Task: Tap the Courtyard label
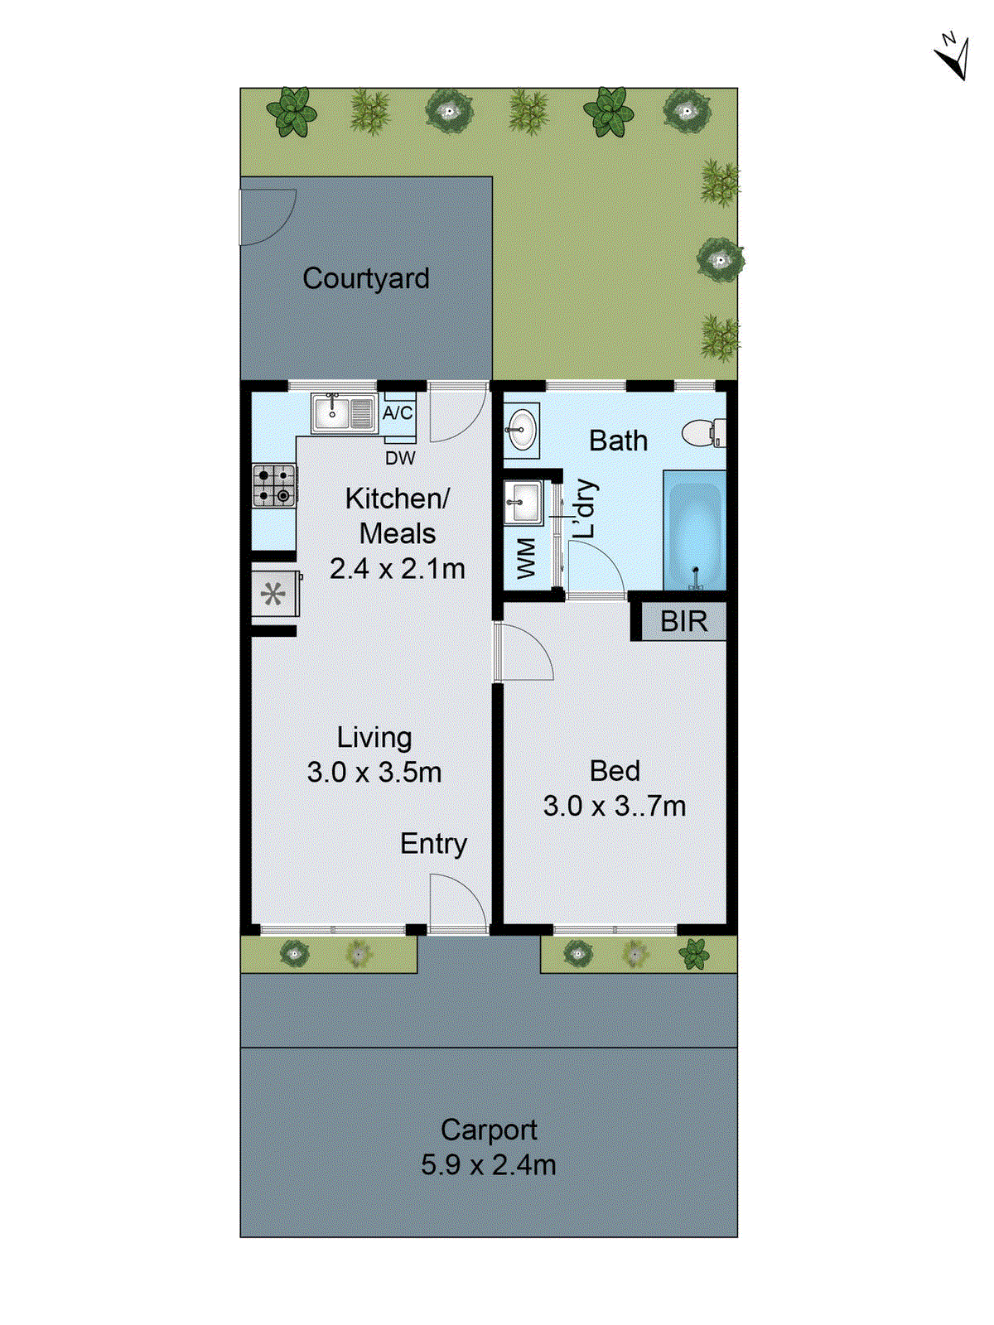pos(365,278)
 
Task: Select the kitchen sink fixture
pos(342,413)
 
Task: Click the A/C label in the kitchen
pos(398,412)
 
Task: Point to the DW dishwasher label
pos(400,458)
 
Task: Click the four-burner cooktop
pos(273,485)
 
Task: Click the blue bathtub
pos(694,530)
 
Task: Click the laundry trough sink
pos(523,502)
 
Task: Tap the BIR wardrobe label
pos(683,621)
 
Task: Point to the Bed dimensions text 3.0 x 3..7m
pos(614,806)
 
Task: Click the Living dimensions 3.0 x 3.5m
pos(374,772)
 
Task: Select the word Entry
pos(433,844)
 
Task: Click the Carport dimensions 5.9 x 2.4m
pos(488,1164)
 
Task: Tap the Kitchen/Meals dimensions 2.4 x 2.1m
pos(397,569)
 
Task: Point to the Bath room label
pos(618,441)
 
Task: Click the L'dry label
pos(585,509)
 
